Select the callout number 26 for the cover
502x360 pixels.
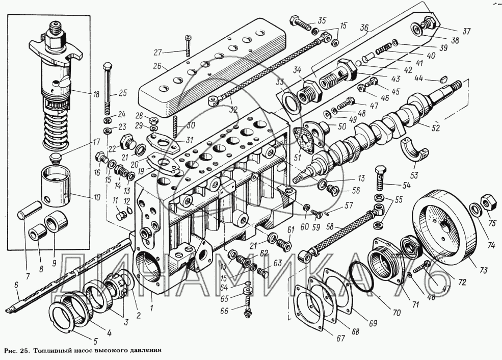point(157,66)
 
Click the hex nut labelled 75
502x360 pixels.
point(487,201)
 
